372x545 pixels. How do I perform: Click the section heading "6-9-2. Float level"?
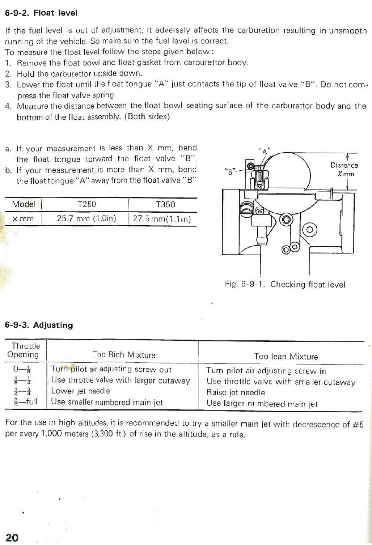41,13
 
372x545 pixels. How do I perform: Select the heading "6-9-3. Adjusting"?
39,325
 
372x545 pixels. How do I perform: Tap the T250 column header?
87,204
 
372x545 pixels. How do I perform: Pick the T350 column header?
165,204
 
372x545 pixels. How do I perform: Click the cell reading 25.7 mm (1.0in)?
86,218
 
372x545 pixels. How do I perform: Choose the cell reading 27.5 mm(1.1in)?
162,219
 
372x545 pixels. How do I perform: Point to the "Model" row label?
24,204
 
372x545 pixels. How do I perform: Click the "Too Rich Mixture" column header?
124,355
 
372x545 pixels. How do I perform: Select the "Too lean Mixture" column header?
286,357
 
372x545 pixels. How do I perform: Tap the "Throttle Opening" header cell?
24,350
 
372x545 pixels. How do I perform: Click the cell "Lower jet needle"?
80,391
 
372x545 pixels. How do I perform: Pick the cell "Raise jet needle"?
236,392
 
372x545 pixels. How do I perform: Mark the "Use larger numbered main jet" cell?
262,403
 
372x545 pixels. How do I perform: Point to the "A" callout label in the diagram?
265,151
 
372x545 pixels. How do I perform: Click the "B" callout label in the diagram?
229,172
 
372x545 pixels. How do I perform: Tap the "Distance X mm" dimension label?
344,169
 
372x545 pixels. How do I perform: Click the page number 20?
12,537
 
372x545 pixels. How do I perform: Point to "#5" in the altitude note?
358,424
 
